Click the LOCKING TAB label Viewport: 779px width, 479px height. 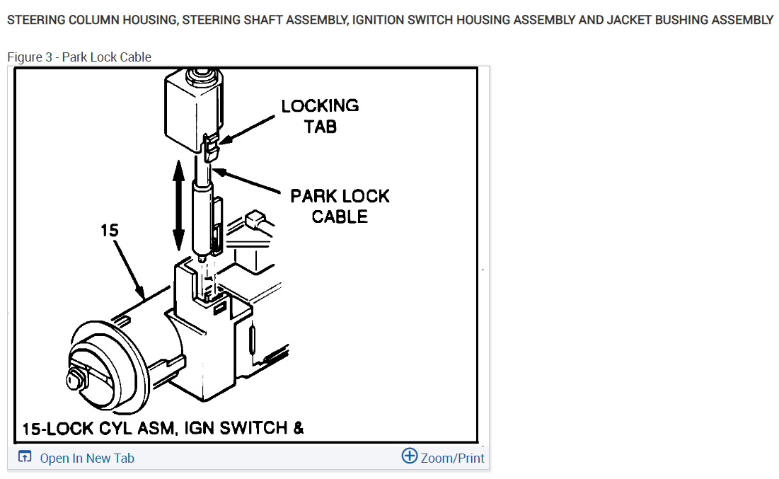320,116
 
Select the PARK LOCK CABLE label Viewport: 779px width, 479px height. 340,206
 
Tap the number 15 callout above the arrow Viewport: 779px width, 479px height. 110,230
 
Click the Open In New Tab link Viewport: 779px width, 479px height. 86,458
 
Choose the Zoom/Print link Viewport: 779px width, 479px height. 452,458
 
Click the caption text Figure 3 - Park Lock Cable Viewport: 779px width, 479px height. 79,57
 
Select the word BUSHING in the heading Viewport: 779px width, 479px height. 681,20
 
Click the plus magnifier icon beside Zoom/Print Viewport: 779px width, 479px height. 409,456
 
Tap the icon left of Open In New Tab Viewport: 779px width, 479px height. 25,458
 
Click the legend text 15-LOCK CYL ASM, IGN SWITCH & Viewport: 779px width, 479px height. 163,428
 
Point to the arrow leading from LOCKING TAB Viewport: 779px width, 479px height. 248,131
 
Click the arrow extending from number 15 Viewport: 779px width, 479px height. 127,269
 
